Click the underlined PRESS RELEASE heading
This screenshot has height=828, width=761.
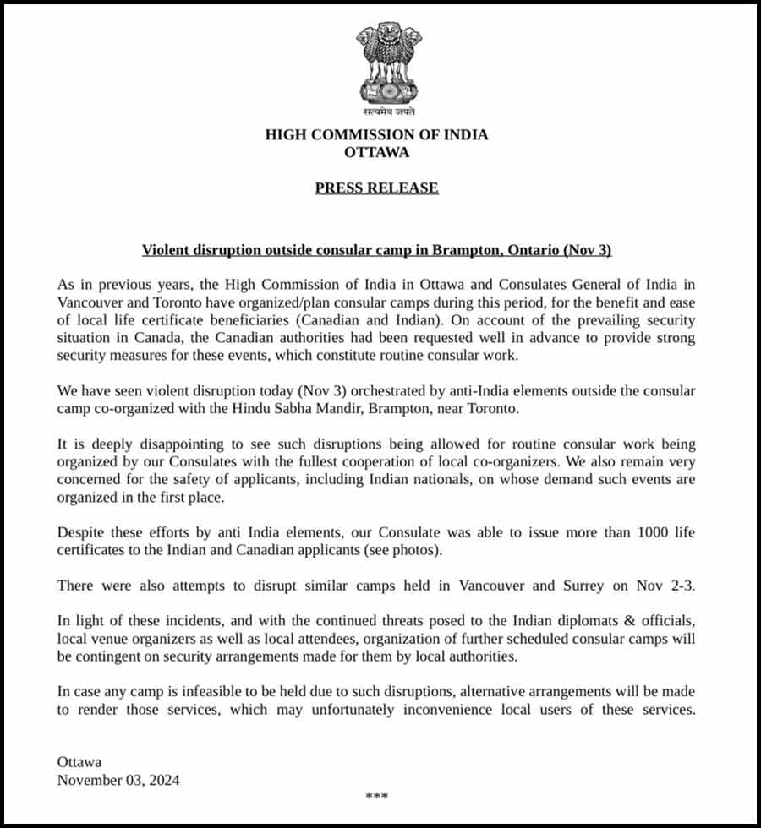click(x=376, y=188)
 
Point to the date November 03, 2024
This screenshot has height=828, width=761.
click(x=118, y=780)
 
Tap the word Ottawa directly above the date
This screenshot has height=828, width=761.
click(x=79, y=762)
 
